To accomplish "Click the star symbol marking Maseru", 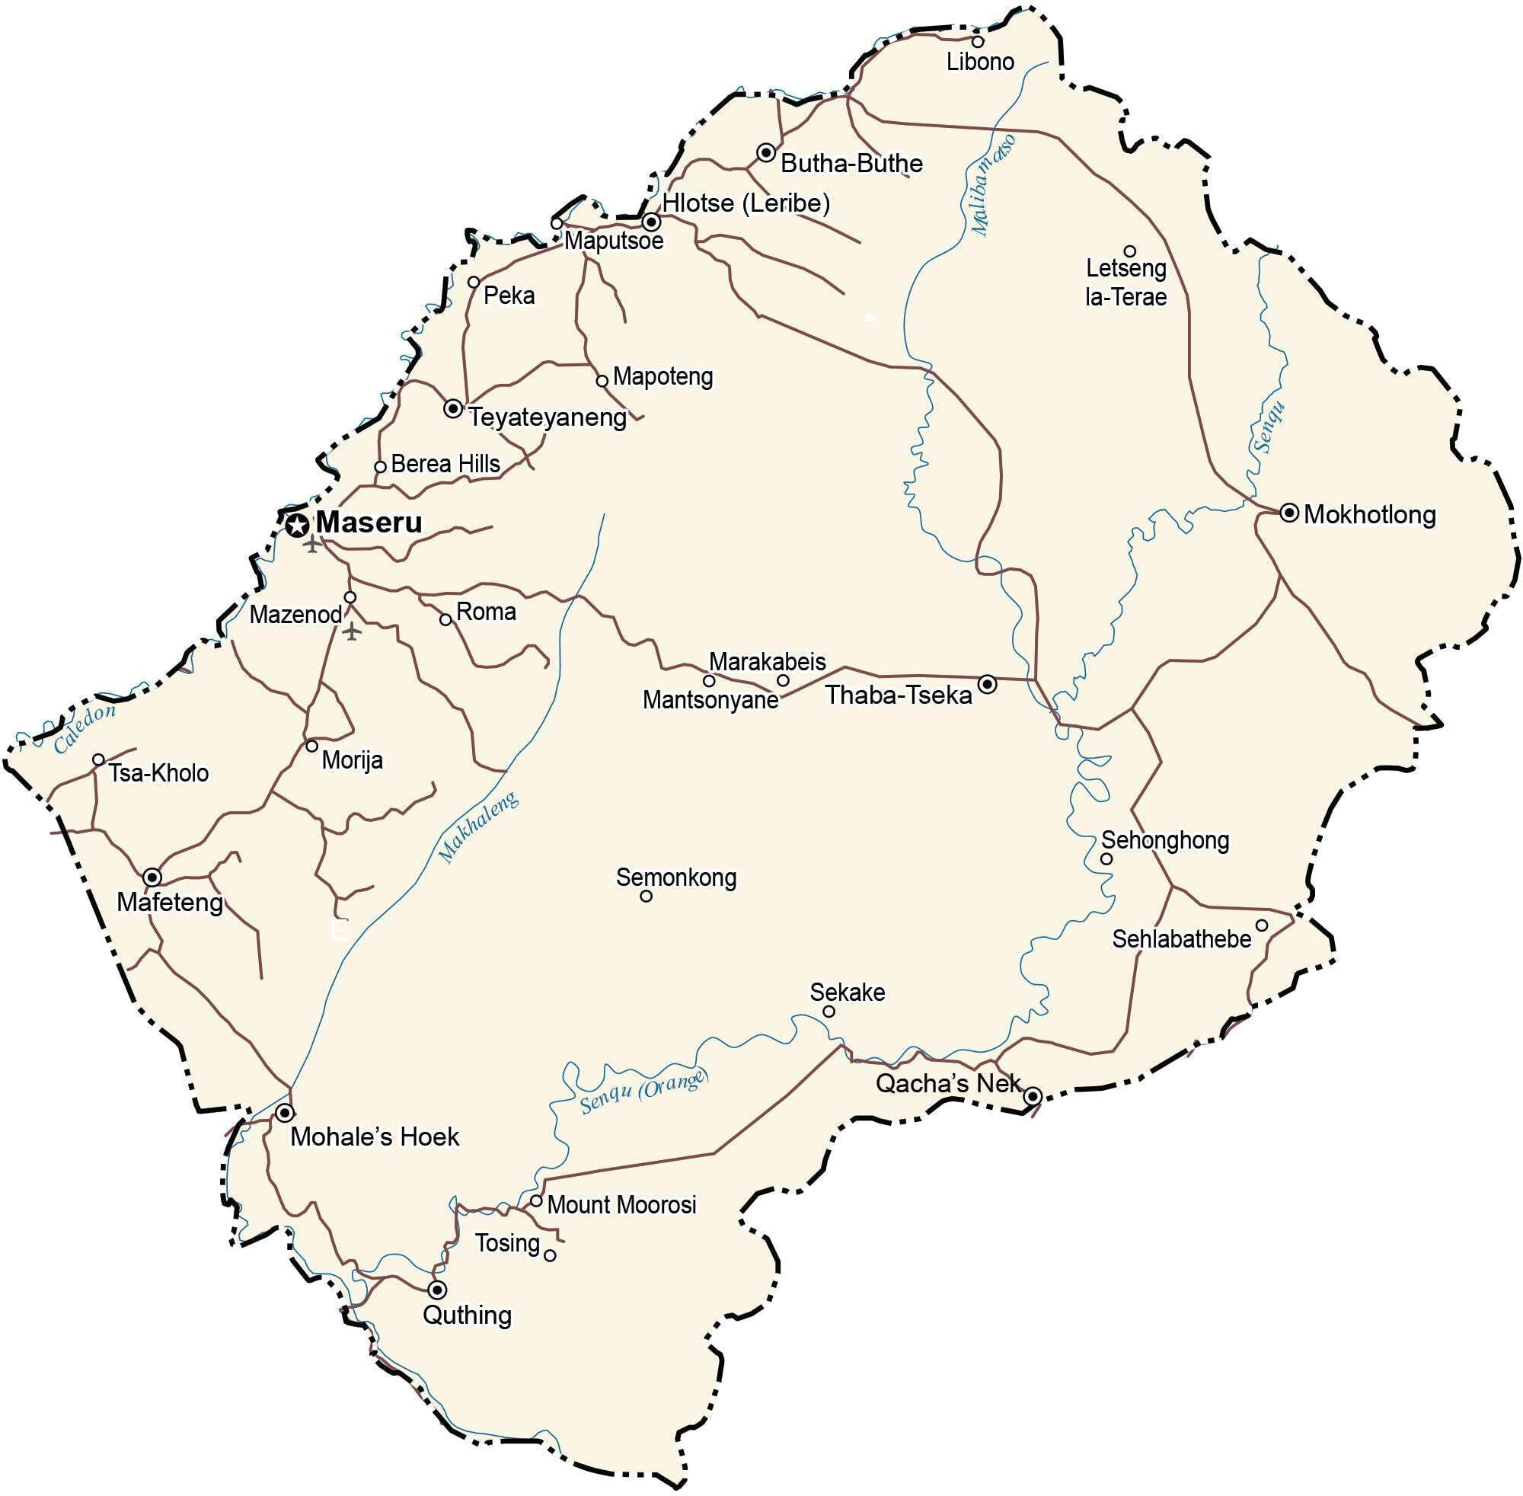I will (297, 525).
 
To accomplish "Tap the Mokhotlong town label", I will (1369, 515).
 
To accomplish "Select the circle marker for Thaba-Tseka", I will (988, 684).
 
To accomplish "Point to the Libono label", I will (979, 61).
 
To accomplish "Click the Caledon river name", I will (85, 727).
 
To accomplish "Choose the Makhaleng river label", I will (478, 826).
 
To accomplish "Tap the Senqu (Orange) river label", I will (643, 1093).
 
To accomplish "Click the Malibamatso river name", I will (993, 185).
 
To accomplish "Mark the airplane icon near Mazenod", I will (352, 630).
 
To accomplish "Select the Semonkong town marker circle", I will (647, 896).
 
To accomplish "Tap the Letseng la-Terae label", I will (1125, 282).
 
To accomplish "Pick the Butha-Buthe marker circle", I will (766, 152).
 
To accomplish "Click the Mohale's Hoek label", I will (374, 1136).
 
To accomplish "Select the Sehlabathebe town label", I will (1181, 938).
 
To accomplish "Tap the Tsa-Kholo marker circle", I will (98, 759).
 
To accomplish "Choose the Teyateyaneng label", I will (548, 417).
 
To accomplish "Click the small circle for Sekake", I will (829, 1012).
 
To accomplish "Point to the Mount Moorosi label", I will (621, 1204).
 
